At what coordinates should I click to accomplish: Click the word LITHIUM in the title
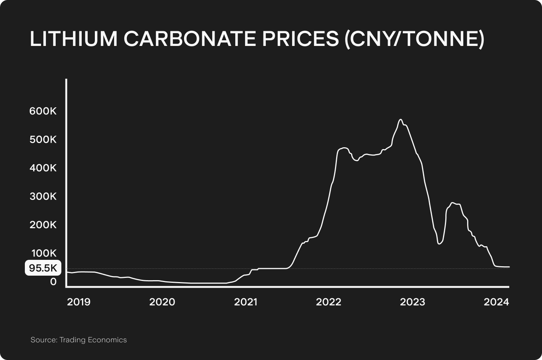(74, 39)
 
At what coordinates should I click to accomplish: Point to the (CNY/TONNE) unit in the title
(414, 39)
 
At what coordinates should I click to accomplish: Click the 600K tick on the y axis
(43, 111)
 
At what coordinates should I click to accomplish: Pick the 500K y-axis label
(43, 140)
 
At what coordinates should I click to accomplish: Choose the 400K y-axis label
(43, 168)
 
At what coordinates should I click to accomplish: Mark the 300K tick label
(43, 196)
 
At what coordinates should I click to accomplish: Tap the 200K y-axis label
(43, 225)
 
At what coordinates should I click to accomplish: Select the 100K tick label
(43, 253)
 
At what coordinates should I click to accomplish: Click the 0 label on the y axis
(53, 281)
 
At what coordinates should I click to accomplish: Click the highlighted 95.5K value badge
(43, 268)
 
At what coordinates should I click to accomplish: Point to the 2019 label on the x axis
(79, 302)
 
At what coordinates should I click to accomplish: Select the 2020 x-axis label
(162, 302)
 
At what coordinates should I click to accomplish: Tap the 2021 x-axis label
(245, 302)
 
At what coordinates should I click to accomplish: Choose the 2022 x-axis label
(329, 302)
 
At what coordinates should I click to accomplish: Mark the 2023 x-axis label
(413, 302)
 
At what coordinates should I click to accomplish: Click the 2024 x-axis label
(496, 302)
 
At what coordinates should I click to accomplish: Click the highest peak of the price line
(400, 120)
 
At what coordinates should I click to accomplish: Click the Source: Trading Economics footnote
(79, 340)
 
